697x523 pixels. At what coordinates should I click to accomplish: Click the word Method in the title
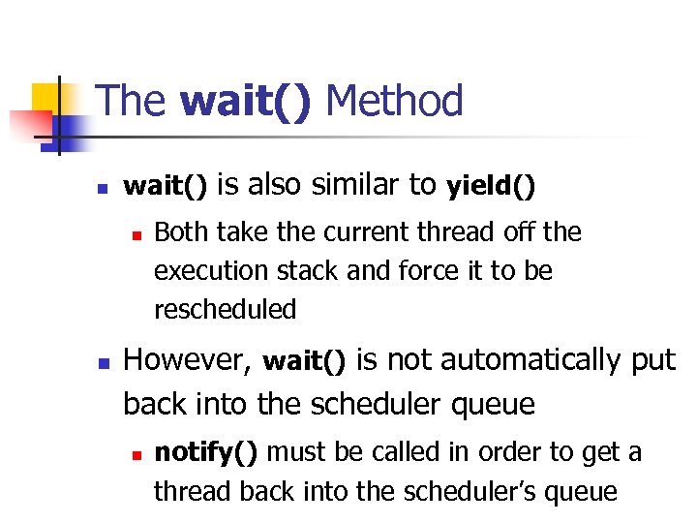(395, 101)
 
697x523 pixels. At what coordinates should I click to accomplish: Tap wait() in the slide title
(246, 101)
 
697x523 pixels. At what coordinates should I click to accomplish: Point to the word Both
(184, 232)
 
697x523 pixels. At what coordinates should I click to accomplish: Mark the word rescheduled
(225, 310)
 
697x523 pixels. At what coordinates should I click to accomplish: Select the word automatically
(529, 360)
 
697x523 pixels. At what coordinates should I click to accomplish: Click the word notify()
(206, 452)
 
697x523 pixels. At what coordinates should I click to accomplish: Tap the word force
(424, 271)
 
